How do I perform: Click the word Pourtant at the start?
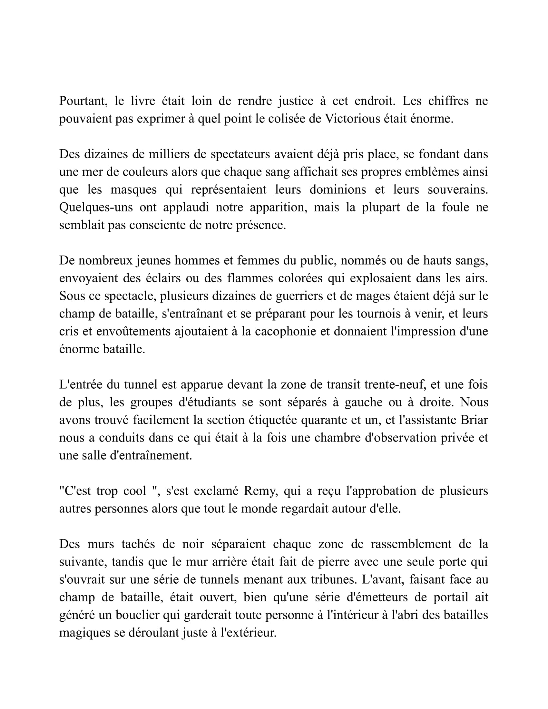click(83, 101)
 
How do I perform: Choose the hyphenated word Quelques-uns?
click(96, 207)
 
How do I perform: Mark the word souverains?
click(458, 189)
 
